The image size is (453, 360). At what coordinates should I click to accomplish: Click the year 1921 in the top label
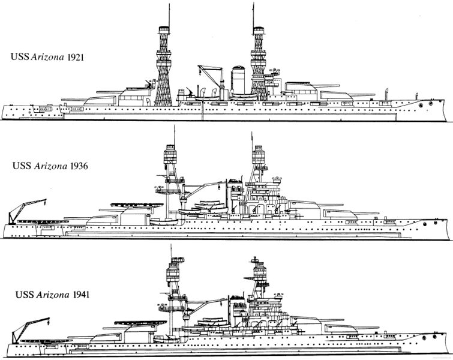coord(75,57)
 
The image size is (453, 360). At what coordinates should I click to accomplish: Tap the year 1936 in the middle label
coord(79,166)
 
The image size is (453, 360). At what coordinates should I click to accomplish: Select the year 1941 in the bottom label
coord(81,295)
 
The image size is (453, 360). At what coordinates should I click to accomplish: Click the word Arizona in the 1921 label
coord(47,57)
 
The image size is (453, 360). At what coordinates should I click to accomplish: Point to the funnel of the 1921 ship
coord(238,80)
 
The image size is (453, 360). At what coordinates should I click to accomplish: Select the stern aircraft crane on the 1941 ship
coord(29,329)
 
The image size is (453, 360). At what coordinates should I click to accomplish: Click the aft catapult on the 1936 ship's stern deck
coord(43,221)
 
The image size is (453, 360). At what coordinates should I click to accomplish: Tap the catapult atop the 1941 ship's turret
coord(140,323)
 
